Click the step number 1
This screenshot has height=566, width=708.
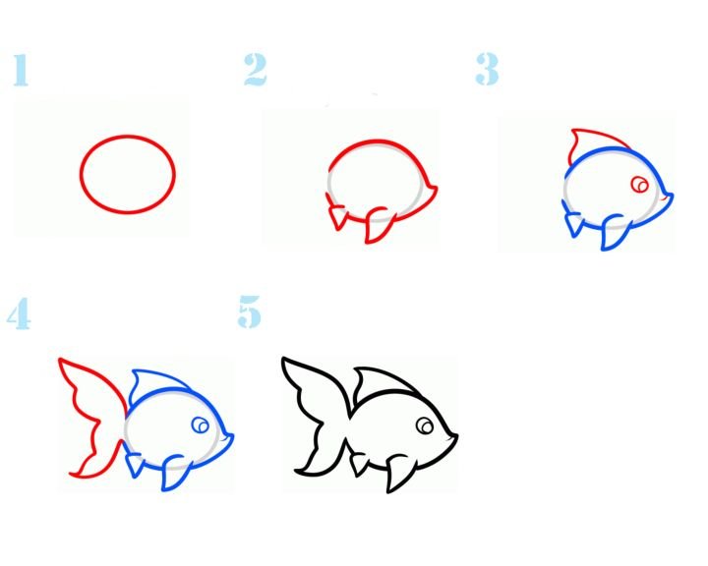[x=21, y=70]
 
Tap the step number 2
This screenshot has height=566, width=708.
[x=255, y=69]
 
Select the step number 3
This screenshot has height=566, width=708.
[x=487, y=69]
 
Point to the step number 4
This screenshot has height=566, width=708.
[x=19, y=313]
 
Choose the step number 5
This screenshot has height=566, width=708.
[x=249, y=311]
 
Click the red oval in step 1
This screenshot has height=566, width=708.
[x=128, y=136]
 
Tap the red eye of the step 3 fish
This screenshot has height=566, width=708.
[x=639, y=185]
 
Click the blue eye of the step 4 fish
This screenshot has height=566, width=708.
[x=200, y=424]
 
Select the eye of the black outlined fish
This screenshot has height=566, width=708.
[x=425, y=425]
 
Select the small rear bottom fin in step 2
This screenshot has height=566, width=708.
[x=337, y=216]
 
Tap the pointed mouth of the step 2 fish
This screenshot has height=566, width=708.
[x=434, y=189]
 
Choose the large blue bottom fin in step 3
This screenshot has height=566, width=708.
[x=615, y=231]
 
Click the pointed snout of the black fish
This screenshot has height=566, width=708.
[x=453, y=436]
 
